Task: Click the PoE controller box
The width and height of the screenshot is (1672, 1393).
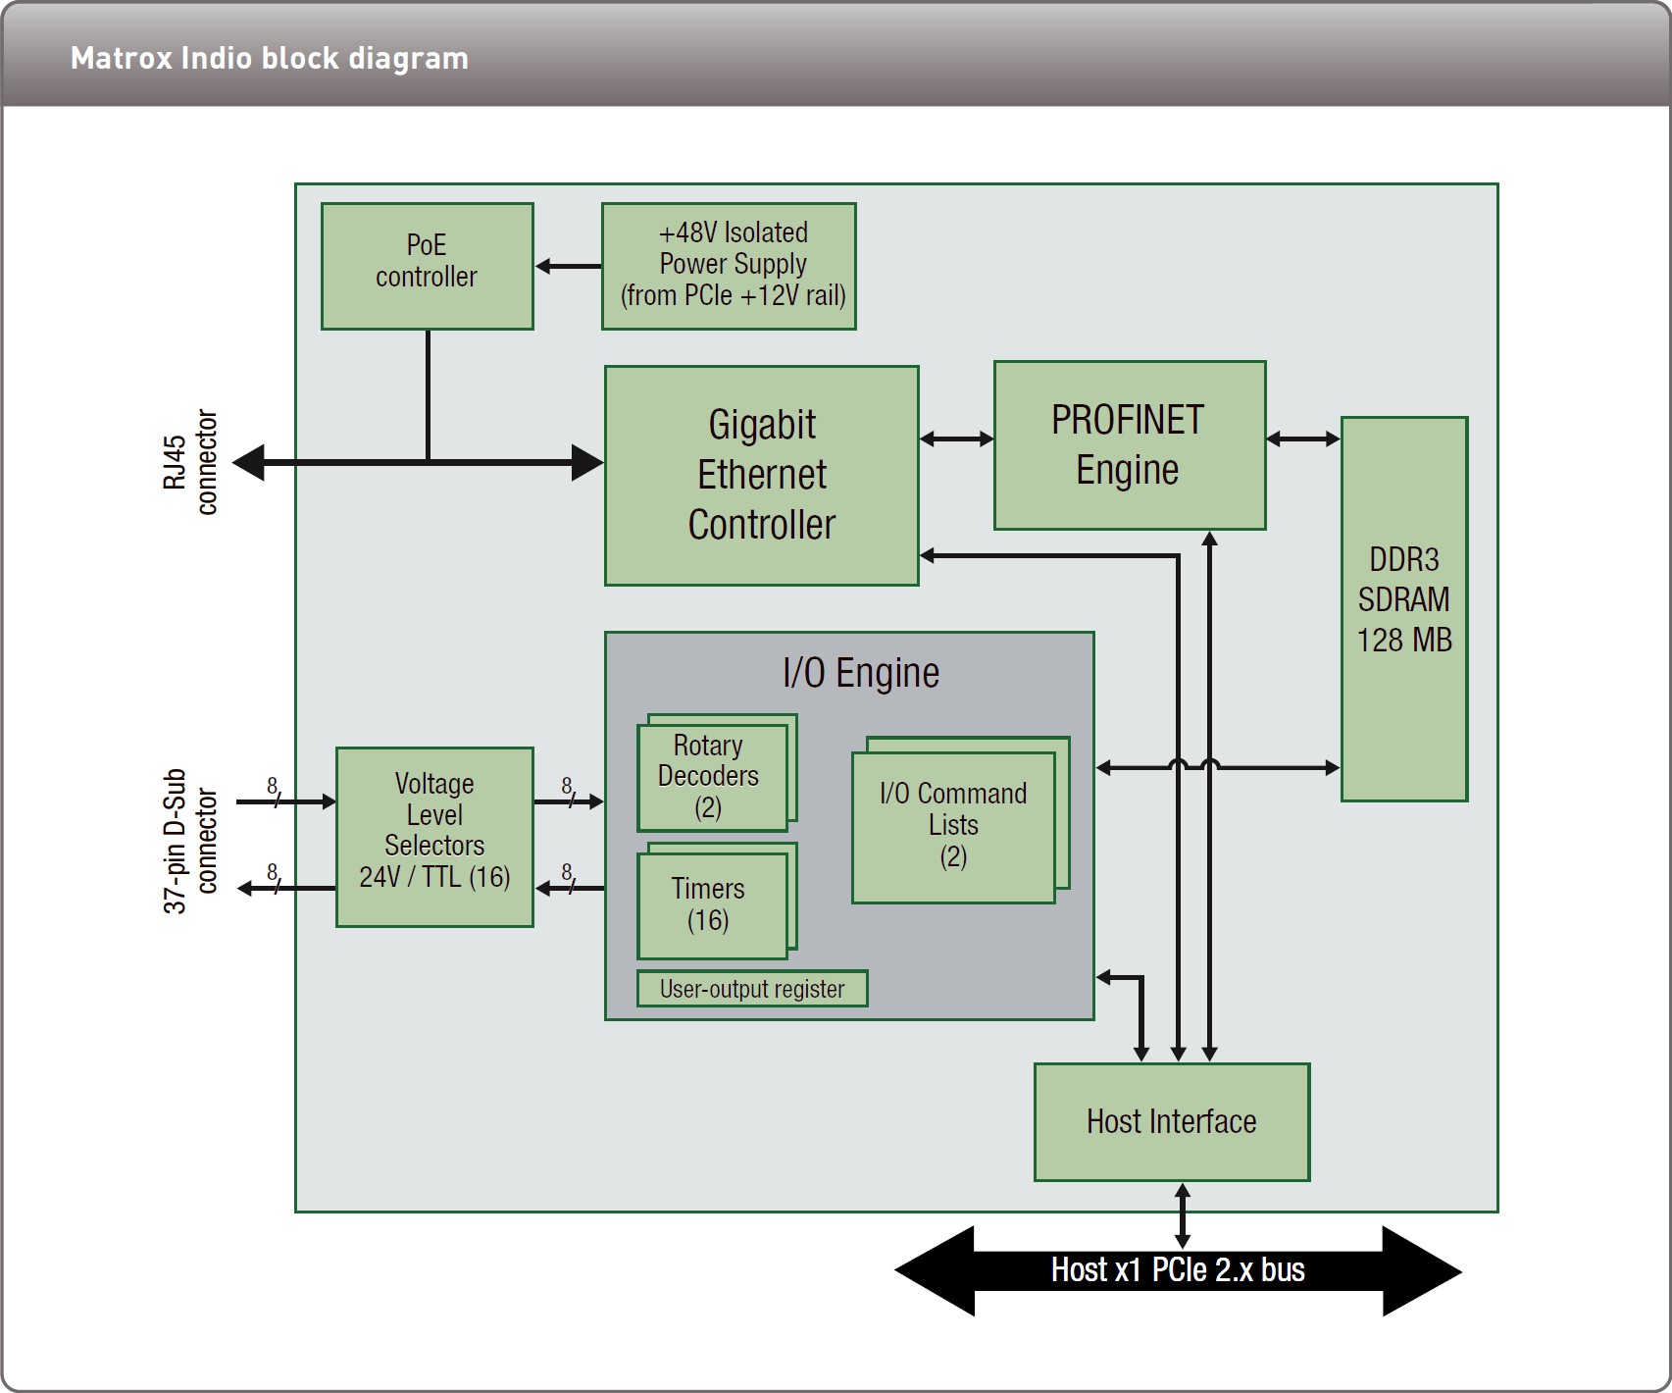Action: coord(427,266)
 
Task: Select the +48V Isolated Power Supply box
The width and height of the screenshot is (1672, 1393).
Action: coord(729,266)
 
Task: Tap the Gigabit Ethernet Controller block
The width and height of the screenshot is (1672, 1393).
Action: coord(762,476)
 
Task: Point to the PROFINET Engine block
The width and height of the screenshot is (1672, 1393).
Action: coord(1129,445)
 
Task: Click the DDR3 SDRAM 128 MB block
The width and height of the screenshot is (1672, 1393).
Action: coord(1403,608)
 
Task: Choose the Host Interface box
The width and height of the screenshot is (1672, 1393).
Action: coord(1172,1122)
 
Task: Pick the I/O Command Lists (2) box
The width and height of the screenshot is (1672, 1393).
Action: coord(953,826)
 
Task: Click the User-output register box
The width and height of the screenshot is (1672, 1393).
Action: coord(752,989)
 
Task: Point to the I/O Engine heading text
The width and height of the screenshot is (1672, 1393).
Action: coord(861,673)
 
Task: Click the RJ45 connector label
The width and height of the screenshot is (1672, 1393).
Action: coord(189,462)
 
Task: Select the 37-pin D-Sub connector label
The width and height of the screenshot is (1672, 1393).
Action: coord(189,842)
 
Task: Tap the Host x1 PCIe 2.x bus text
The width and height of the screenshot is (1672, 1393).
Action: coord(1178,1270)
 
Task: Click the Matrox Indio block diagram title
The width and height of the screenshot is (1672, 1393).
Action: coord(270,59)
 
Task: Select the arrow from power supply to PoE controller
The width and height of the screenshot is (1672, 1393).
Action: coord(568,266)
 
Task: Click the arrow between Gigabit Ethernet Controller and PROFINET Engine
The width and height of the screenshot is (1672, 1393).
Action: coord(956,439)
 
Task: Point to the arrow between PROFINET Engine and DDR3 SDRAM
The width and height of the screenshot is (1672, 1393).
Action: coord(1303,439)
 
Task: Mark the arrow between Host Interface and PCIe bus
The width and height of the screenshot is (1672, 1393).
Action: coord(1183,1215)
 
